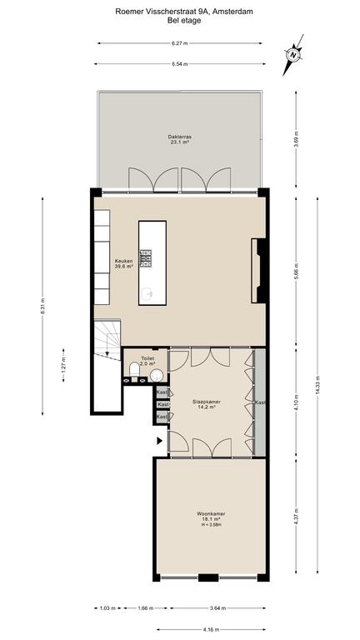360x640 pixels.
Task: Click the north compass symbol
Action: point(293,55)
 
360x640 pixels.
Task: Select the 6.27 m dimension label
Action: point(180,42)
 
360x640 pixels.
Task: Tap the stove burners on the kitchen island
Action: point(146,258)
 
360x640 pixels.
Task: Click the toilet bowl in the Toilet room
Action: point(134,370)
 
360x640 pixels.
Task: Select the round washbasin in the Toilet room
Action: point(156,375)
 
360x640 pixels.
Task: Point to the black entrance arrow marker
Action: point(160,440)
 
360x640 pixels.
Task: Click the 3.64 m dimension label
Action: point(217,607)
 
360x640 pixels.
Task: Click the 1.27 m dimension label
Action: point(63,364)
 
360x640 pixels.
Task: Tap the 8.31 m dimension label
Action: point(42,306)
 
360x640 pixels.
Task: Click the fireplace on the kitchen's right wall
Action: point(259,271)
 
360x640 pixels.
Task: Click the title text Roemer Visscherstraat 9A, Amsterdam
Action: point(184,12)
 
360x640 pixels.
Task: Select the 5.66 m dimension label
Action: point(296,272)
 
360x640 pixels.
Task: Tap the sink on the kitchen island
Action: point(147,292)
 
